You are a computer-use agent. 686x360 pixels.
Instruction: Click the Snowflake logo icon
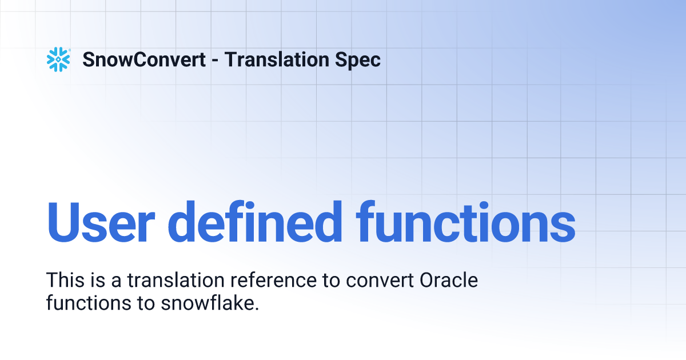tap(58, 59)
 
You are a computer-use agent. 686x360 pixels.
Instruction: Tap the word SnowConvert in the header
tap(144, 59)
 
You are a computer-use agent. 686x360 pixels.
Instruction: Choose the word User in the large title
tap(107, 222)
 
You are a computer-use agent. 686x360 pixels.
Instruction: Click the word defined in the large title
tap(262, 222)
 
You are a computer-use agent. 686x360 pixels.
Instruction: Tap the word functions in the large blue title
tap(465, 222)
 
